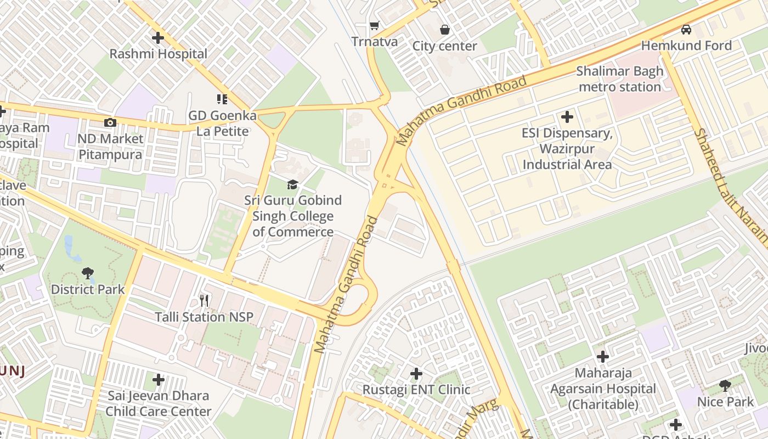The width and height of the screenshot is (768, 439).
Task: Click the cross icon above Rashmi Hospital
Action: [157, 38]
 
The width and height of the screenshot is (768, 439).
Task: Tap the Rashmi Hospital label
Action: [158, 54]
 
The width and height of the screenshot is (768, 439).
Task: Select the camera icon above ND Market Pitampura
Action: [110, 122]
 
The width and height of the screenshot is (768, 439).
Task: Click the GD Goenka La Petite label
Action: [222, 123]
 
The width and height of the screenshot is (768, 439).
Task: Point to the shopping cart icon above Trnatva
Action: [375, 25]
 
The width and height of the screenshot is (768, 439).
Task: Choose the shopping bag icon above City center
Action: [445, 29]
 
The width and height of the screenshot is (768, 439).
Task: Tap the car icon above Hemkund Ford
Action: [686, 29]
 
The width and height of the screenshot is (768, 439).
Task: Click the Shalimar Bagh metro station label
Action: [619, 79]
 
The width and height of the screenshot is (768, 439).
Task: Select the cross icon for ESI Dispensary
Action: [567, 117]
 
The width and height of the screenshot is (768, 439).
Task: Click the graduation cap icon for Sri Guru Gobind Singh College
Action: [293, 184]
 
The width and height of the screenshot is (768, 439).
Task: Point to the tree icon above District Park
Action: [88, 273]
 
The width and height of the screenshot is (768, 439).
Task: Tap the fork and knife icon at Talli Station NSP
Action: [205, 300]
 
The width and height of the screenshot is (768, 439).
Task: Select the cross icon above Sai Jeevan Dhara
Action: [159, 379]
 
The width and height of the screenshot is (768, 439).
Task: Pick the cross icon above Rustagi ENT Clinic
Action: [416, 374]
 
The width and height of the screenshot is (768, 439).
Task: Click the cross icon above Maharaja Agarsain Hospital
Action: [603, 357]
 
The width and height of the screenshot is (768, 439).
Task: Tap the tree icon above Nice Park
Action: [725, 385]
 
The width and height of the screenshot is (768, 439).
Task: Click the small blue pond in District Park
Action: [69, 245]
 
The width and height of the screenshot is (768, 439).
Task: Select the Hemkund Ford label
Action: [686, 46]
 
